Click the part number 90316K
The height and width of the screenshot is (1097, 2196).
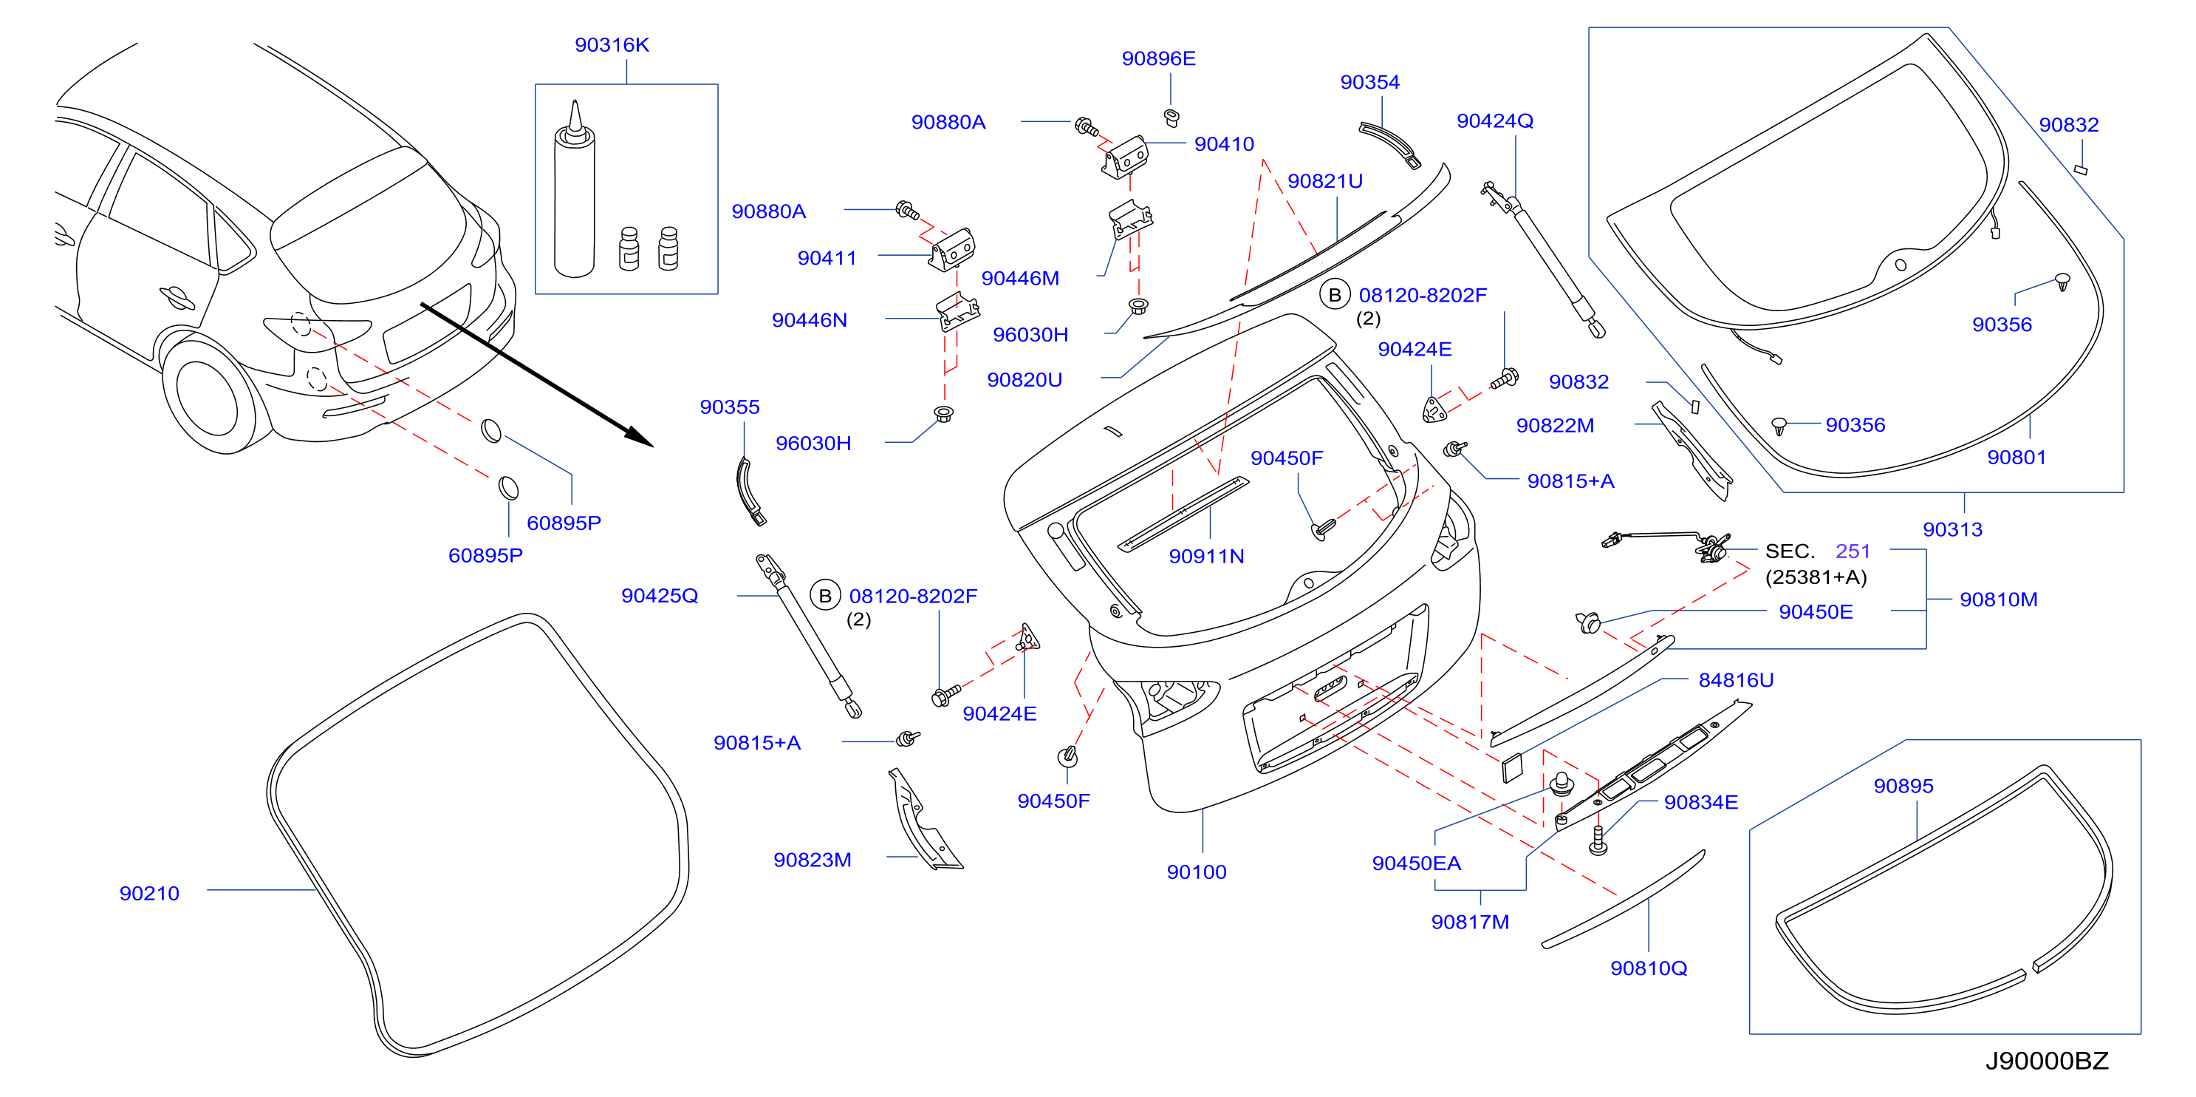pos(612,44)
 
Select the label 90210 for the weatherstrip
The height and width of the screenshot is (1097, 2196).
pos(149,893)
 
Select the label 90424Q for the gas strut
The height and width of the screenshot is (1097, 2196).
pos(1494,120)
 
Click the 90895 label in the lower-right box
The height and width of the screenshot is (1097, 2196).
pos(1903,786)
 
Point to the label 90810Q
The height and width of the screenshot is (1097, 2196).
pos(1648,968)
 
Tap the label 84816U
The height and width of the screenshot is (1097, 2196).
pos(1736,680)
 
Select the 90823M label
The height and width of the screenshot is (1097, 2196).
pos(812,860)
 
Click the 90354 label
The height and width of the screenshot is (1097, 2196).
pos(1369,82)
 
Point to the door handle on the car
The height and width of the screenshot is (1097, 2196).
pos(177,297)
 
